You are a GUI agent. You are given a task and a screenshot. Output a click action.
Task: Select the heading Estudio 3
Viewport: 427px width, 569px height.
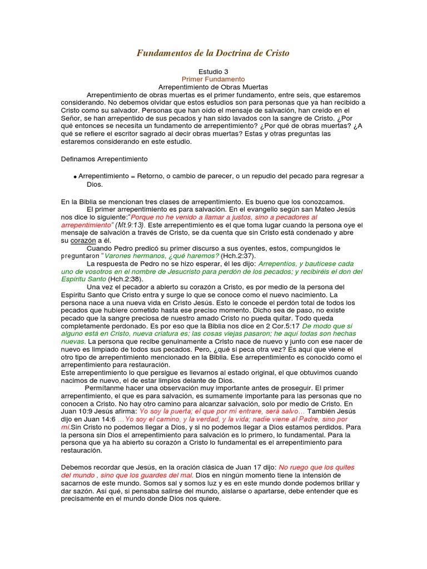[213, 72]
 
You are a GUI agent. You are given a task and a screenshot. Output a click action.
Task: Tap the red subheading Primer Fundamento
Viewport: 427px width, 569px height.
[213, 79]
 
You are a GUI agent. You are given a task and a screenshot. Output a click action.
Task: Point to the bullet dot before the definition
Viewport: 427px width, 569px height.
[75, 176]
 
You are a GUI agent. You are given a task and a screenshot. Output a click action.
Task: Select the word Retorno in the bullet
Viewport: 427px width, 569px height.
[151, 176]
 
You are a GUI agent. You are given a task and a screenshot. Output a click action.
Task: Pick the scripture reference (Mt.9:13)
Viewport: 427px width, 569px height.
[130, 224]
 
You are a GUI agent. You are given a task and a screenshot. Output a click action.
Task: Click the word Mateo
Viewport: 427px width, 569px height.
[319, 209]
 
